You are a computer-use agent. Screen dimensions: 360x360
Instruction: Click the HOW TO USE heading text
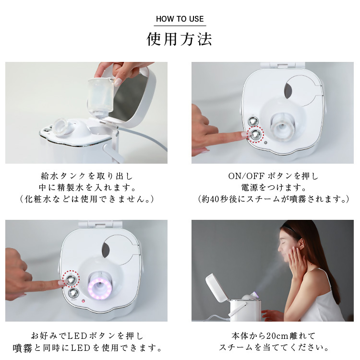coord(180,19)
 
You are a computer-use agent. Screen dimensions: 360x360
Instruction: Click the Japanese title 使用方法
coord(180,39)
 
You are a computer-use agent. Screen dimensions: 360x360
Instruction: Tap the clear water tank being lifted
coord(99,96)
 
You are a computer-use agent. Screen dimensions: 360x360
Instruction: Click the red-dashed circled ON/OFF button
coord(256,134)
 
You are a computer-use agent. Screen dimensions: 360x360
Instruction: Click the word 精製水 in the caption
coord(72,187)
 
